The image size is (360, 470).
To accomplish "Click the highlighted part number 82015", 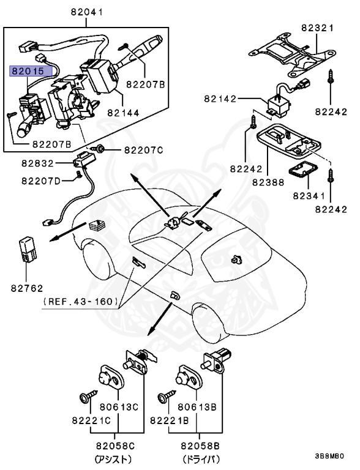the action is pyautogui.click(x=28, y=72).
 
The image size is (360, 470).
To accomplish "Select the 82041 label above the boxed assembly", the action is pyautogui.click(x=87, y=12).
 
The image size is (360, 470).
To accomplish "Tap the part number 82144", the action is pyautogui.click(x=123, y=113).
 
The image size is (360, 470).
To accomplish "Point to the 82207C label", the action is pyautogui.click(x=143, y=150).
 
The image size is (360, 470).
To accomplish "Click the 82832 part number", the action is pyautogui.click(x=37, y=163).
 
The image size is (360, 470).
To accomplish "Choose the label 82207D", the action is pyautogui.click(x=41, y=181).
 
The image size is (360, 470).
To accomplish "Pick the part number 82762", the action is pyautogui.click(x=27, y=288).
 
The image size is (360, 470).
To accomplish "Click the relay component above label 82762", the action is pyautogui.click(x=28, y=250).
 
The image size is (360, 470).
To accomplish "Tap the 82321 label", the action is pyautogui.click(x=317, y=28).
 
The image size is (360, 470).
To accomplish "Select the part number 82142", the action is pyautogui.click(x=220, y=99).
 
